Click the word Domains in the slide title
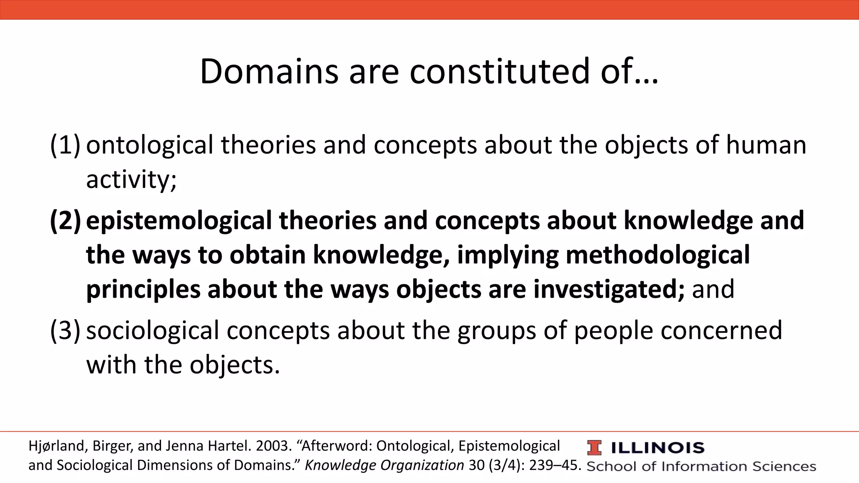tap(269, 72)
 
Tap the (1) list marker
tap(65, 145)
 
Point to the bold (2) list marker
tap(65, 221)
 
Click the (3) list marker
tap(65, 330)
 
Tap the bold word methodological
tap(657, 255)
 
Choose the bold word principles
tap(143, 290)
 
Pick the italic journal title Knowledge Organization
tap(384, 465)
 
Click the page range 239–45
tap(555, 465)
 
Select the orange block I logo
tap(594, 448)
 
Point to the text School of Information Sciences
tap(701, 466)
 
